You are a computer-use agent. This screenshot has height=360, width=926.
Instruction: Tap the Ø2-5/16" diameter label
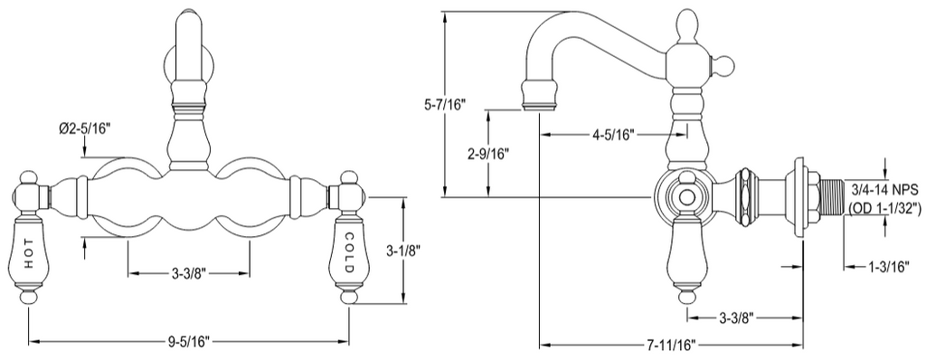pos(86,128)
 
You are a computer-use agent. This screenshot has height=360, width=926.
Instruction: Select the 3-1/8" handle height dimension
pos(404,251)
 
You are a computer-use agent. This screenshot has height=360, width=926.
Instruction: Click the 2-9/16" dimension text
pos(487,154)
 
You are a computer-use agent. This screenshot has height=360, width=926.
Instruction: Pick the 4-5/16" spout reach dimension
pos(614,136)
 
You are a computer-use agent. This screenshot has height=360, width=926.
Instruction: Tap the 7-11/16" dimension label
pos(670,344)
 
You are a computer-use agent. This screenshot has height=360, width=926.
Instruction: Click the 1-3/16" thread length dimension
pos(890,267)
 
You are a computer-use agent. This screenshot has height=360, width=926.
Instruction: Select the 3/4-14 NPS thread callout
pos(883,190)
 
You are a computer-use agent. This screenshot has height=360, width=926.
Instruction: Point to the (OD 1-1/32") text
pos(883,208)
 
